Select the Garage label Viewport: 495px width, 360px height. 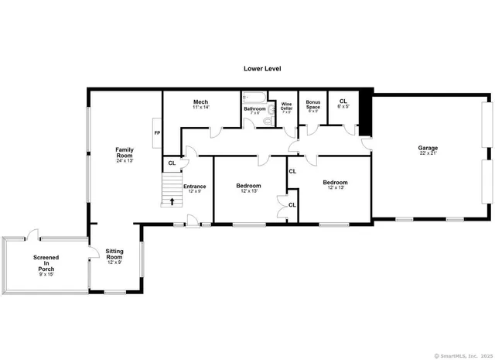coord(428,147)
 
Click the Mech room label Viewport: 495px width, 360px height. coord(200,102)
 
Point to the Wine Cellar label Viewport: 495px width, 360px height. coord(286,106)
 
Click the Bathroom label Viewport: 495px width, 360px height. coord(254,109)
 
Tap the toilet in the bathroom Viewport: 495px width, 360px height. coord(268,121)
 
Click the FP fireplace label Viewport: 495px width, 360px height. coord(157,133)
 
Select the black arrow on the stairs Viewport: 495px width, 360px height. coord(172,202)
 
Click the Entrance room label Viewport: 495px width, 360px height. coord(194,186)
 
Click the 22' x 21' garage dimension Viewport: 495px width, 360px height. coord(428,153)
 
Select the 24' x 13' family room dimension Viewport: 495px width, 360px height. coord(125,161)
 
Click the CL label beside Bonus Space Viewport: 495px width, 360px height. coord(343,101)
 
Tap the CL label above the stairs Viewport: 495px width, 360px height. coord(172,163)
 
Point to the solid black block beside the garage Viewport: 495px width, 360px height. coord(366,115)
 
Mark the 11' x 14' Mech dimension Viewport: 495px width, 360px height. coord(200,108)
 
